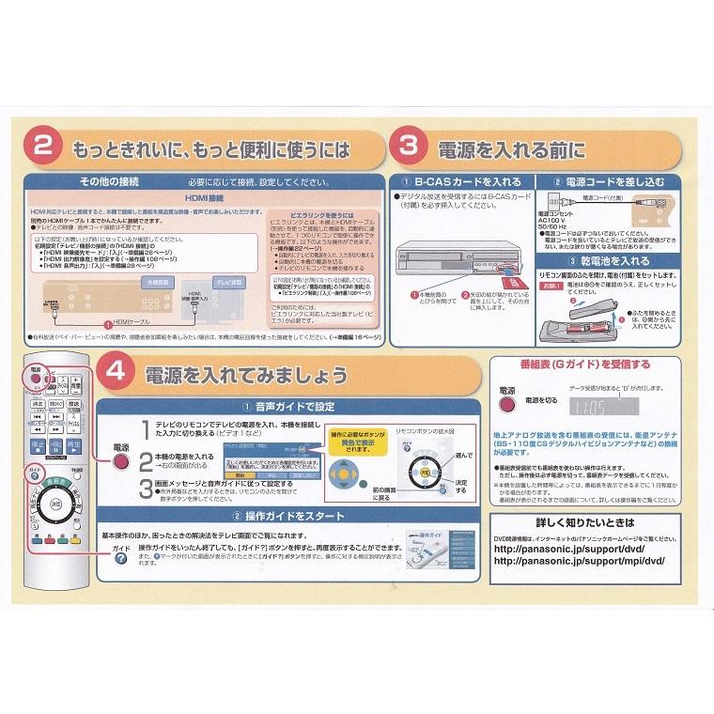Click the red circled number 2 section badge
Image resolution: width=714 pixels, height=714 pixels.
[x=43, y=147]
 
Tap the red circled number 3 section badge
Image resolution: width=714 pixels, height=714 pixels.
[x=409, y=147]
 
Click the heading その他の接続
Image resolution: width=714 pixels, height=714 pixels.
[x=110, y=180]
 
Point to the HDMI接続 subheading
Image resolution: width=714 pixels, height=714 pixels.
[x=204, y=199]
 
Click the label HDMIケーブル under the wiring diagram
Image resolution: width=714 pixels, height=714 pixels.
[x=137, y=322]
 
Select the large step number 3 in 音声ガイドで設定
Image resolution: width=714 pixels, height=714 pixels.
[x=145, y=489]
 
